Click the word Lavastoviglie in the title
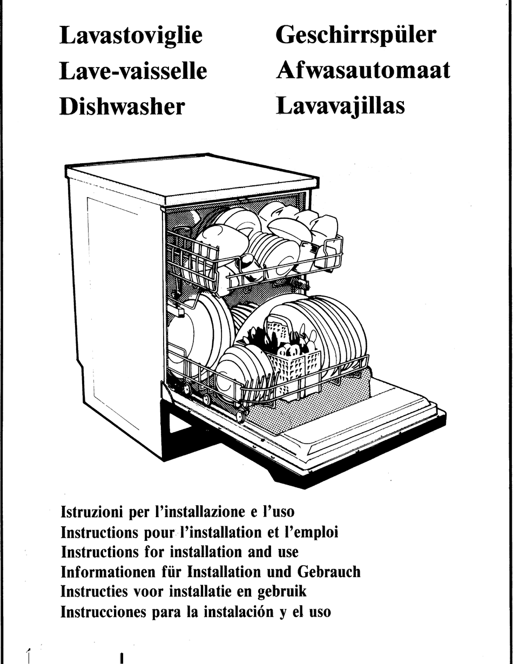131,36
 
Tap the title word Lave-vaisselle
133,71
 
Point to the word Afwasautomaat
363,71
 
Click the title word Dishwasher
122,106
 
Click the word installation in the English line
206,552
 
